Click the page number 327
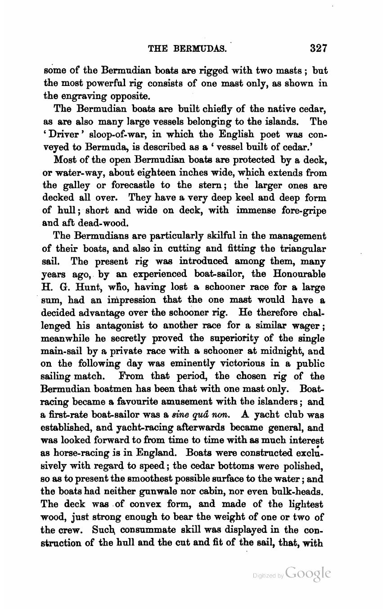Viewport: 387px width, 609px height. (x=315, y=48)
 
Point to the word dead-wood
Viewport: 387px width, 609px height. (x=107, y=223)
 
